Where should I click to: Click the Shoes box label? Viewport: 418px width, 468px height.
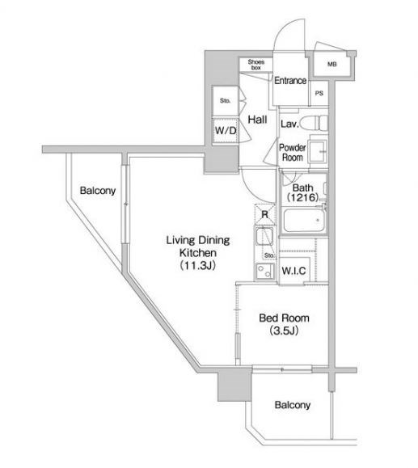pyautogui.click(x=256, y=65)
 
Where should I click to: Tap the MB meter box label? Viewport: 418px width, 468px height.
pyautogui.click(x=332, y=64)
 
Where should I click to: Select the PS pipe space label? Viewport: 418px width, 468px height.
pyautogui.click(x=319, y=94)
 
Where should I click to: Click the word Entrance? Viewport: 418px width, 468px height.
pyautogui.click(x=290, y=81)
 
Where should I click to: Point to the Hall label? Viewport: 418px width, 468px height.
pyautogui.click(x=257, y=120)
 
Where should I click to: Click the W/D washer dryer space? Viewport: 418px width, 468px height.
pyautogui.click(x=226, y=130)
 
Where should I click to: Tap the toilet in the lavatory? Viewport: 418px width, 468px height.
pyautogui.click(x=314, y=123)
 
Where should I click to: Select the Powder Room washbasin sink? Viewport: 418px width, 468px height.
pyautogui.click(x=318, y=152)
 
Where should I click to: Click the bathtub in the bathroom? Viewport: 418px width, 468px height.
pyautogui.click(x=304, y=221)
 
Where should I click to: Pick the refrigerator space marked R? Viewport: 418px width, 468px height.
pyautogui.click(x=265, y=214)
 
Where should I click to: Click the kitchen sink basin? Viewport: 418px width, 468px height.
pyautogui.click(x=264, y=238)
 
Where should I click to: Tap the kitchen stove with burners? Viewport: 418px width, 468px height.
pyautogui.click(x=265, y=272)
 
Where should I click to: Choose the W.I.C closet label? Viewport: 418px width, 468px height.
pyautogui.click(x=293, y=271)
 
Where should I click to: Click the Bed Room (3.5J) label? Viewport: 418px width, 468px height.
pyautogui.click(x=284, y=324)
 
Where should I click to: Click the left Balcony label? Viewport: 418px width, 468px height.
pyautogui.click(x=98, y=191)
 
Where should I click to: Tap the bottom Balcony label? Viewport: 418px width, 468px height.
pyautogui.click(x=293, y=405)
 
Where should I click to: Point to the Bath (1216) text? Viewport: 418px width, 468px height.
pyautogui.click(x=302, y=193)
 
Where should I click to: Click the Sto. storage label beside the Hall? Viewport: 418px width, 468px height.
pyautogui.click(x=225, y=101)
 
